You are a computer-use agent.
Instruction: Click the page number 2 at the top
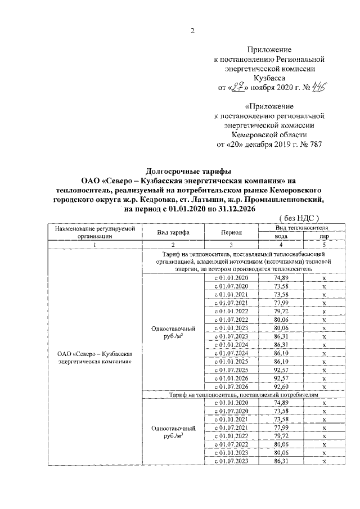[191, 31]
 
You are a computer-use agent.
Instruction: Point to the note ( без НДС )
[299, 217]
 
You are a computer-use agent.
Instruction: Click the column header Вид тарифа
[173, 232]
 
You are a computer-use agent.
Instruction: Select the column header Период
[231, 232]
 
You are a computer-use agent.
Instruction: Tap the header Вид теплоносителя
[302, 227]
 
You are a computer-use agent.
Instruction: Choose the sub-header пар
[325, 236]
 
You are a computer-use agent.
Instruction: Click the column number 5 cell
[325, 245]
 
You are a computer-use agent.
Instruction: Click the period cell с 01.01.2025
[231, 361]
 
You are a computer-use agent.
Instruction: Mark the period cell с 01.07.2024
[231, 353]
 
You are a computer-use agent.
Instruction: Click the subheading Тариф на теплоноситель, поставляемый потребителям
[244, 395]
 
